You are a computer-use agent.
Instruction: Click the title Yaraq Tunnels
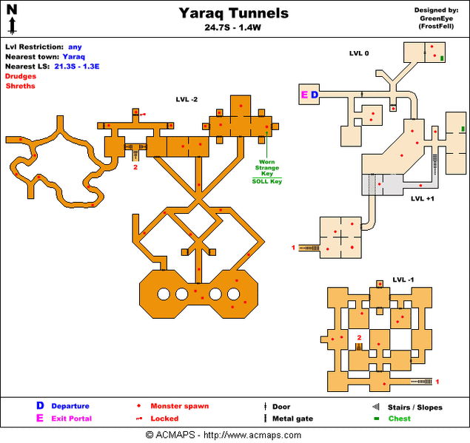pos(234,13)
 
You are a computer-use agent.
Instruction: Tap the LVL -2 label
pos(187,98)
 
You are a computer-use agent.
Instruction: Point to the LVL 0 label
pos(359,53)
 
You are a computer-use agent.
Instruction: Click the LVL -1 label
pos(403,280)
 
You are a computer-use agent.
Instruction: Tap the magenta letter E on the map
pos(303,95)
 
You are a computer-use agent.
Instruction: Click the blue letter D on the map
pos(314,95)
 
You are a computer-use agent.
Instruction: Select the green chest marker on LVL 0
pos(442,58)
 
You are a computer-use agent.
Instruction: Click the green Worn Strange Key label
pos(267,168)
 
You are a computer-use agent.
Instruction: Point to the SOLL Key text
pos(266,181)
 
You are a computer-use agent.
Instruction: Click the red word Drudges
pos(21,76)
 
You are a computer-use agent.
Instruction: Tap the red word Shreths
pos(20,86)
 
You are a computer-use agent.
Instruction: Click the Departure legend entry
pos(70,406)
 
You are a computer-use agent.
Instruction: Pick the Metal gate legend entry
pos(292,419)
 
